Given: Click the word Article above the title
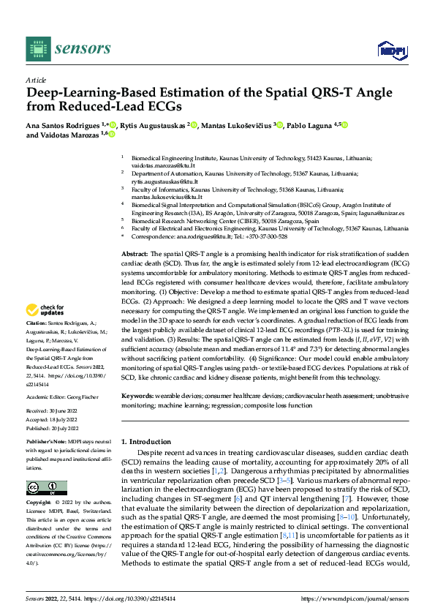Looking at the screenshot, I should [36, 79].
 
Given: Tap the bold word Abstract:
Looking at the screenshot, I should [135, 252].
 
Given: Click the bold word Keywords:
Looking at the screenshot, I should [139, 396].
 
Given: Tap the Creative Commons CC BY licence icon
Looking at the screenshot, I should [46, 487].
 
